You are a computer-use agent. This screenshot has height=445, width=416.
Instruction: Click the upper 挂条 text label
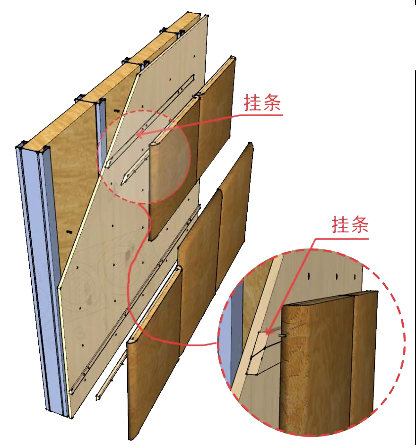coord(262,103)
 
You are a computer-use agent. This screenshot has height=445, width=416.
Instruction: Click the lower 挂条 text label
coord(349,225)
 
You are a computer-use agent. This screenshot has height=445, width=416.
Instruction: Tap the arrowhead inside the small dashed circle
coord(139,135)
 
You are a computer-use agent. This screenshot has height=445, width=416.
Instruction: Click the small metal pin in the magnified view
coord(282,335)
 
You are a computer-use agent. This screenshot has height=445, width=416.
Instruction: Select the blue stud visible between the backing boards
coord(101,132)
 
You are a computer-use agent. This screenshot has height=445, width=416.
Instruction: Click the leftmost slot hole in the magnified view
coord(308,275)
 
